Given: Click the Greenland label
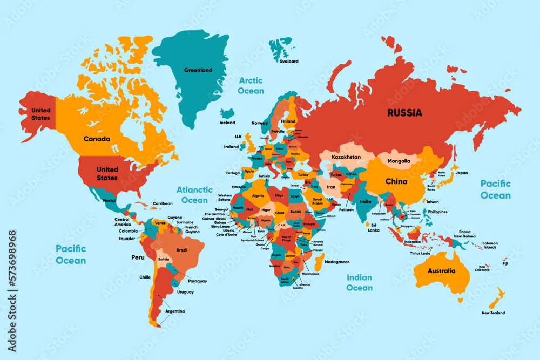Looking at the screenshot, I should (x=198, y=70).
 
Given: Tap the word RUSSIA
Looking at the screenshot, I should (x=404, y=113).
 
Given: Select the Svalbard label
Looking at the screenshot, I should (x=289, y=62).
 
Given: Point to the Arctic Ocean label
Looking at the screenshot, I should (x=251, y=85).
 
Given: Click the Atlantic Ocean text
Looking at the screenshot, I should (x=194, y=195).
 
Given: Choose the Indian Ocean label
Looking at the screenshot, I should (x=359, y=283).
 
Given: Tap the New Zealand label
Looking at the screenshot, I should (x=493, y=313).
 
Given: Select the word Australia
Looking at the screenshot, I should (x=441, y=271).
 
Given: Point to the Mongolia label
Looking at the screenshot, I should (x=399, y=161).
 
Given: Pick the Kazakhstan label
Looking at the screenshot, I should (x=346, y=157).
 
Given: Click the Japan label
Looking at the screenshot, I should (x=461, y=173).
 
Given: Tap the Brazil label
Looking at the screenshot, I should (x=182, y=250).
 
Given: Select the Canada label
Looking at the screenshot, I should (x=97, y=139).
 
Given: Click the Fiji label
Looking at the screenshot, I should (x=504, y=263).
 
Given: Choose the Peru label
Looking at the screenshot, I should (x=137, y=257).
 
